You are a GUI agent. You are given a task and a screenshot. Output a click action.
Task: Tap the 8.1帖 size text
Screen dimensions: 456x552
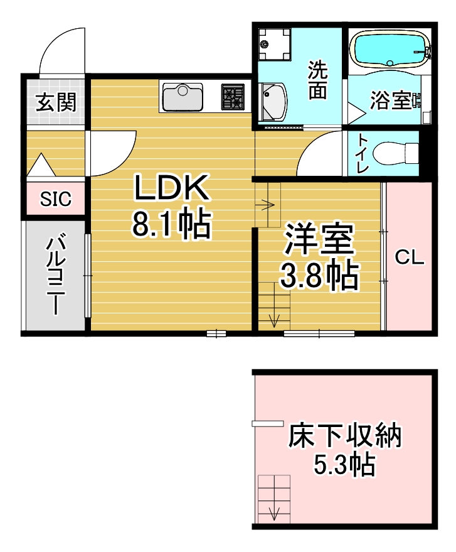coord(172,224)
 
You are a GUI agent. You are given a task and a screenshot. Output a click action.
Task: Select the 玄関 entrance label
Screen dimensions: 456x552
coord(56,102)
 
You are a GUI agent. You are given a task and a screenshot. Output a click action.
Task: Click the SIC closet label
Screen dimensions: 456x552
coord(56,199)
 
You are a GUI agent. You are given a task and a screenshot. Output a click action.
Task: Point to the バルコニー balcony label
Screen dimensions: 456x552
coord(56,274)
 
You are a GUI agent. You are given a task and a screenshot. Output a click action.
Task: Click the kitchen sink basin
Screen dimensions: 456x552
coord(183,97)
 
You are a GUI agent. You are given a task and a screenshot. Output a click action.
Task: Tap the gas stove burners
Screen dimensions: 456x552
coord(233,97)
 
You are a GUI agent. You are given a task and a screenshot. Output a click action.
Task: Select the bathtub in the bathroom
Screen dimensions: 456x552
coord(390,50)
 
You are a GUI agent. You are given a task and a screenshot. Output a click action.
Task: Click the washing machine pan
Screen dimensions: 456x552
coord(274,44)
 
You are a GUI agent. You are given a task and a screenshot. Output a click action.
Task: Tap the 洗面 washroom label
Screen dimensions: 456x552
coord(318,80)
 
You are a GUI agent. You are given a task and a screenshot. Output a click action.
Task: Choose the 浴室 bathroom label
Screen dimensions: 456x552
coord(390,100)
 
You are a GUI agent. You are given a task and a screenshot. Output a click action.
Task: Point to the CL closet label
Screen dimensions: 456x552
coord(410,257)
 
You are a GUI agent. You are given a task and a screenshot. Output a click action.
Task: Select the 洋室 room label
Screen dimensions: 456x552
coord(319,239)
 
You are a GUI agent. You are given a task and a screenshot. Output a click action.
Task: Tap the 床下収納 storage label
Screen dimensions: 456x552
coord(344,436)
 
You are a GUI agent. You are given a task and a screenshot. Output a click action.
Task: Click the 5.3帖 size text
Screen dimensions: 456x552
coord(344,464)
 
